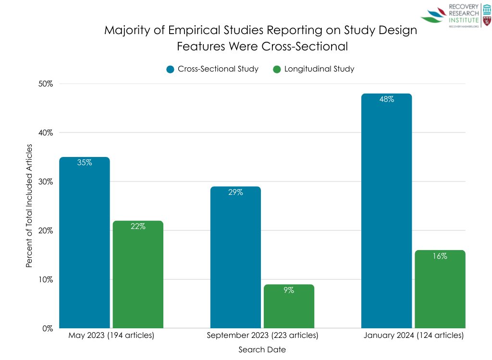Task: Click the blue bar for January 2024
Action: [386, 211]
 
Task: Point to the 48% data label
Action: [386, 99]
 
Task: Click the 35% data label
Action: [85, 163]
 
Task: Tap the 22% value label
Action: [138, 227]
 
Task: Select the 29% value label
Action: [235, 192]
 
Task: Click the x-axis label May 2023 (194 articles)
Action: [111, 336]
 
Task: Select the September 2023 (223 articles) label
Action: [262, 336]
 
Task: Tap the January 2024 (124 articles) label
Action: [413, 336]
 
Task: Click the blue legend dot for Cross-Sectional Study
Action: [170, 69]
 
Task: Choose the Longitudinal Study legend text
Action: [319, 69]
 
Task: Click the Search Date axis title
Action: [262, 350]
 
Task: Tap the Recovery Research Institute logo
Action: [455, 16]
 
